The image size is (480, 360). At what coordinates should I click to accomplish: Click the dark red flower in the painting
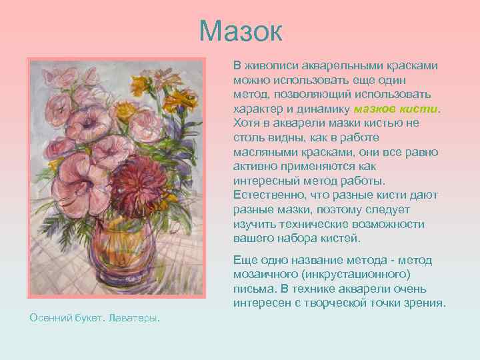(134, 187)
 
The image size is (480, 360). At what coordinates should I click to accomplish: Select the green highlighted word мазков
(377, 109)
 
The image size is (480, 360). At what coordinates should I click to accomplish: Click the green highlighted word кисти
(421, 109)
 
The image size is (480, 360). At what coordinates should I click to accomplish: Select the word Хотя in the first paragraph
(247, 123)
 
